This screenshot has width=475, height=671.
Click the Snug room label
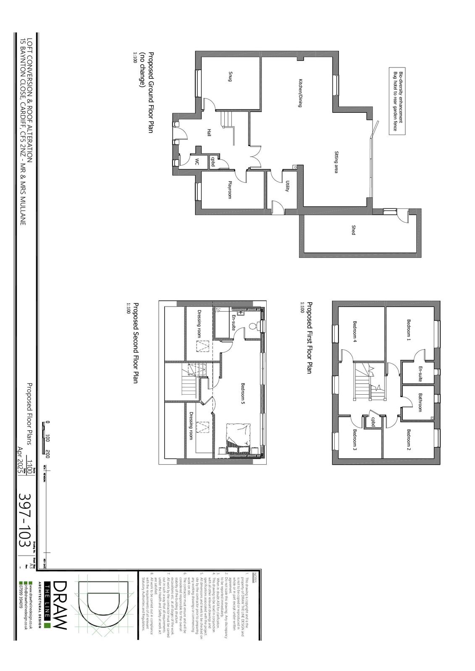[x=230, y=77]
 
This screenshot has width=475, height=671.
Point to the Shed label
[x=353, y=230]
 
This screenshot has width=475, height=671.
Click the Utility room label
[x=287, y=186]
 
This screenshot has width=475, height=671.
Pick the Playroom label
[x=230, y=190]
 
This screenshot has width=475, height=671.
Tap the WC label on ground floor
[x=196, y=162]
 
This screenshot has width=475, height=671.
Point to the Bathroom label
[x=420, y=402]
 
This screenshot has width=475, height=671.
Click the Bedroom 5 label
[x=243, y=393]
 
